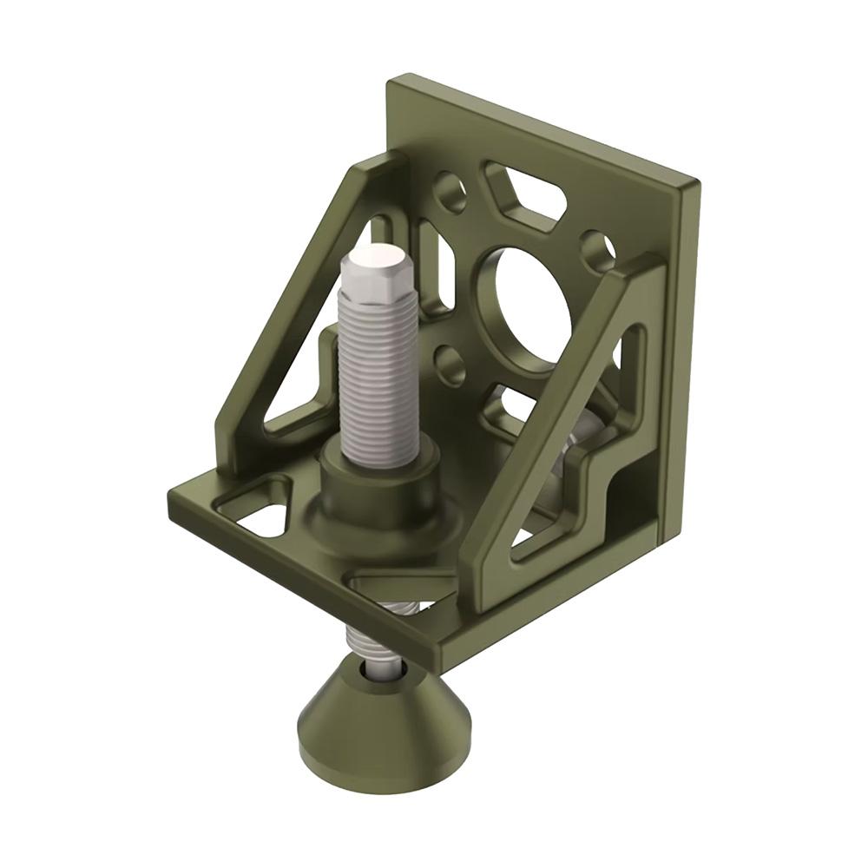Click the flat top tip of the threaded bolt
click(x=377, y=258)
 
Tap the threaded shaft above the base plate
click(x=378, y=373)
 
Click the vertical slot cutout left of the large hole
click(x=434, y=260)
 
